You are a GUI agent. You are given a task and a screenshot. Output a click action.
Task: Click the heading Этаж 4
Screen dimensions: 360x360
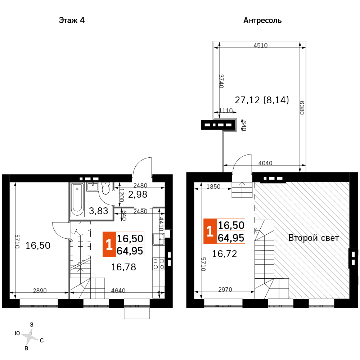pyautogui.click(x=72, y=21)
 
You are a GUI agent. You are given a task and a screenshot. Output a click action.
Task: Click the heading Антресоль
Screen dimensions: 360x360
pyautogui.click(x=262, y=21)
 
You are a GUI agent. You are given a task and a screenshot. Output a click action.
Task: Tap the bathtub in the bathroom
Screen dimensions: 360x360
pyautogui.click(x=77, y=199)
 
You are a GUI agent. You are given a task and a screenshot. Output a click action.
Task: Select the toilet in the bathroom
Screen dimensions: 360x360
pyautogui.click(x=105, y=189)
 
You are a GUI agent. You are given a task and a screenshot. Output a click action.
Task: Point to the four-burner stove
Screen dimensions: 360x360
pyautogui.click(x=159, y=264)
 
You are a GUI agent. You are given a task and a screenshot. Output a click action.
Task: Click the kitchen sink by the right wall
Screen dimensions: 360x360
pyautogui.click(x=158, y=239)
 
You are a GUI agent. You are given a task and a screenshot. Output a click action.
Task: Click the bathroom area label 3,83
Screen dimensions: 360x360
pyautogui.click(x=99, y=211)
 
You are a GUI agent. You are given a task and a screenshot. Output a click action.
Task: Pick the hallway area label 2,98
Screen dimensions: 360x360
pyautogui.click(x=138, y=194)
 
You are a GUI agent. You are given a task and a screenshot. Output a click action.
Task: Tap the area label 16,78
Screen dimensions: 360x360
pyautogui.click(x=123, y=267)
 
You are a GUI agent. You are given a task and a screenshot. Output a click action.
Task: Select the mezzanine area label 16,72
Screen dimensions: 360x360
pyautogui.click(x=224, y=254)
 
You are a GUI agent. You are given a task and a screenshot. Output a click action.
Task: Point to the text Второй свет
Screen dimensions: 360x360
pyautogui.click(x=314, y=238)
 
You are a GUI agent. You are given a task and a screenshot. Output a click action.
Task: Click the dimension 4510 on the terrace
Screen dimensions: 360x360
pyautogui.click(x=260, y=45)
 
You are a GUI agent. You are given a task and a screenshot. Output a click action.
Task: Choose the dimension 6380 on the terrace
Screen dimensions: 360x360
pyautogui.click(x=302, y=108)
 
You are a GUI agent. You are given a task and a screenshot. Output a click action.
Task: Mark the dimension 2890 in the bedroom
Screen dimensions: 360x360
pyautogui.click(x=40, y=291)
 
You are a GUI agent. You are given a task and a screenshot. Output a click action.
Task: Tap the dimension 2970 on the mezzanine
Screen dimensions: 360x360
pyautogui.click(x=225, y=289)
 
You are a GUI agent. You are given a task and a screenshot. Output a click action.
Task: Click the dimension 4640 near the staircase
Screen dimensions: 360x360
pyautogui.click(x=118, y=291)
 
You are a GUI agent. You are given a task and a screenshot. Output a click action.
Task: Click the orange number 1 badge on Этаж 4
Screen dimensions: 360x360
pyautogui.click(x=109, y=244)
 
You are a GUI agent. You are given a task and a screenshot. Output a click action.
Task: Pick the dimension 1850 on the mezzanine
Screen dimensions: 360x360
pyautogui.click(x=213, y=186)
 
